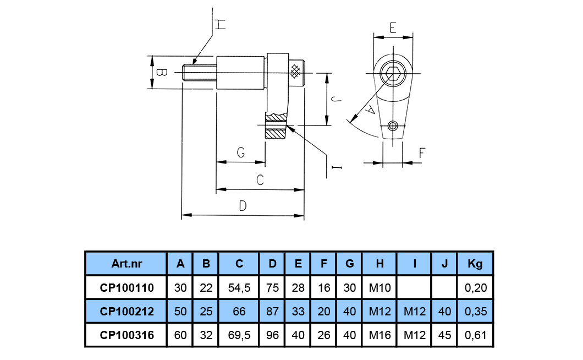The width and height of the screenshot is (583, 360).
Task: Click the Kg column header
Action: (x=475, y=264)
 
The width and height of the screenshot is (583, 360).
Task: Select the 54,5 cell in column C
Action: (x=239, y=287)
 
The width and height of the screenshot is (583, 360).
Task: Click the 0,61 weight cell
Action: (x=475, y=335)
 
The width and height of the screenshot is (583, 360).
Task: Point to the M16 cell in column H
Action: (x=380, y=335)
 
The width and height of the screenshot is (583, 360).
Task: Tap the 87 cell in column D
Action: (x=272, y=312)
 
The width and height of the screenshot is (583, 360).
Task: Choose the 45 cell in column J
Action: (x=444, y=335)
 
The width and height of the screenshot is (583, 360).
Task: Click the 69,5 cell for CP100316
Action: (x=239, y=335)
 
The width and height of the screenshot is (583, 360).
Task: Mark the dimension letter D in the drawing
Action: (x=243, y=206)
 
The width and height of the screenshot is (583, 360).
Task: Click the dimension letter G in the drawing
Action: (x=240, y=153)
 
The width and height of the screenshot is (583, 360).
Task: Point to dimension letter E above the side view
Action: (x=393, y=28)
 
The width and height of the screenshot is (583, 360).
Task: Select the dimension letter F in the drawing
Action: (x=421, y=154)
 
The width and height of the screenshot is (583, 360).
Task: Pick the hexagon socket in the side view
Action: (x=392, y=73)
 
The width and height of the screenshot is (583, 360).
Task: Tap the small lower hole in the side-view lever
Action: (x=392, y=126)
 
